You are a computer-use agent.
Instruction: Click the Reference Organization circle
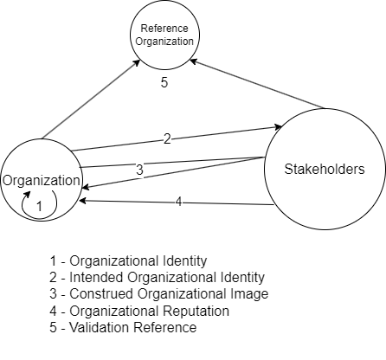click(x=164, y=35)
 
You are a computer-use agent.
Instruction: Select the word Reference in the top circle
click(x=164, y=29)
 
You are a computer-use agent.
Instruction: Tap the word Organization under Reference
click(x=164, y=41)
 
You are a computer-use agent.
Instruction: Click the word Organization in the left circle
click(x=42, y=181)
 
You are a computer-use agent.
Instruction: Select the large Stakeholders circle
click(x=324, y=170)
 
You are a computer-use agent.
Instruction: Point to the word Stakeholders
click(x=324, y=170)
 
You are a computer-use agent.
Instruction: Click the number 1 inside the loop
click(x=38, y=207)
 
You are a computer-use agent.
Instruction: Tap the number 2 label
click(x=167, y=138)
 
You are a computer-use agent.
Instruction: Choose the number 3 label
click(x=139, y=170)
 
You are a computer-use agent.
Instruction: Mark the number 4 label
click(x=178, y=202)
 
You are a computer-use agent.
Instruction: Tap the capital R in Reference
click(x=144, y=29)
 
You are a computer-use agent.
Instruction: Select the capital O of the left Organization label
click(x=7, y=181)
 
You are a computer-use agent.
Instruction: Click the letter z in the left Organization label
click(x=51, y=181)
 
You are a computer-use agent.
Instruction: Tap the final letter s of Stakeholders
click(x=360, y=170)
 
